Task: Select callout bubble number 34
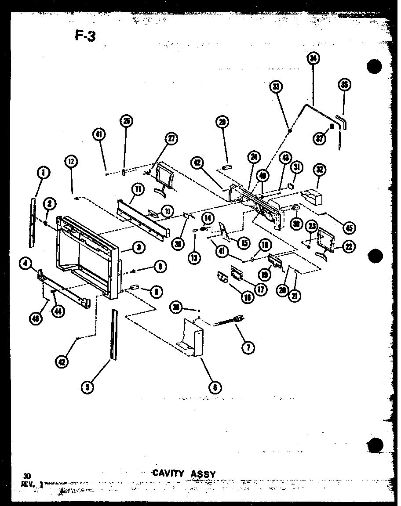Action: click(313, 59)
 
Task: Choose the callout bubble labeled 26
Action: click(126, 122)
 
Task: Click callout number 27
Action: click(170, 139)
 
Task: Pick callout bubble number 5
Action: click(87, 387)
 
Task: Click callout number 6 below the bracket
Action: click(215, 387)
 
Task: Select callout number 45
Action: click(350, 228)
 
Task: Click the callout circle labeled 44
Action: click(57, 311)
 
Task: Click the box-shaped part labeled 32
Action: click(313, 197)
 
